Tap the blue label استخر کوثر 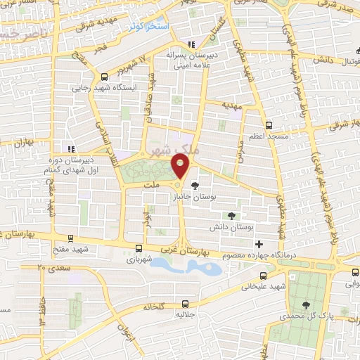(148, 26)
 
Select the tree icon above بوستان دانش (232, 216)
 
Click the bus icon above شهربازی (139, 247)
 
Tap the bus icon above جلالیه (185, 304)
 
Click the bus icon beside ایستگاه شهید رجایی (104, 77)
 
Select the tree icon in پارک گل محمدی (306, 304)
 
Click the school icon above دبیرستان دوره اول (70, 148)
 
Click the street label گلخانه (153, 307)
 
